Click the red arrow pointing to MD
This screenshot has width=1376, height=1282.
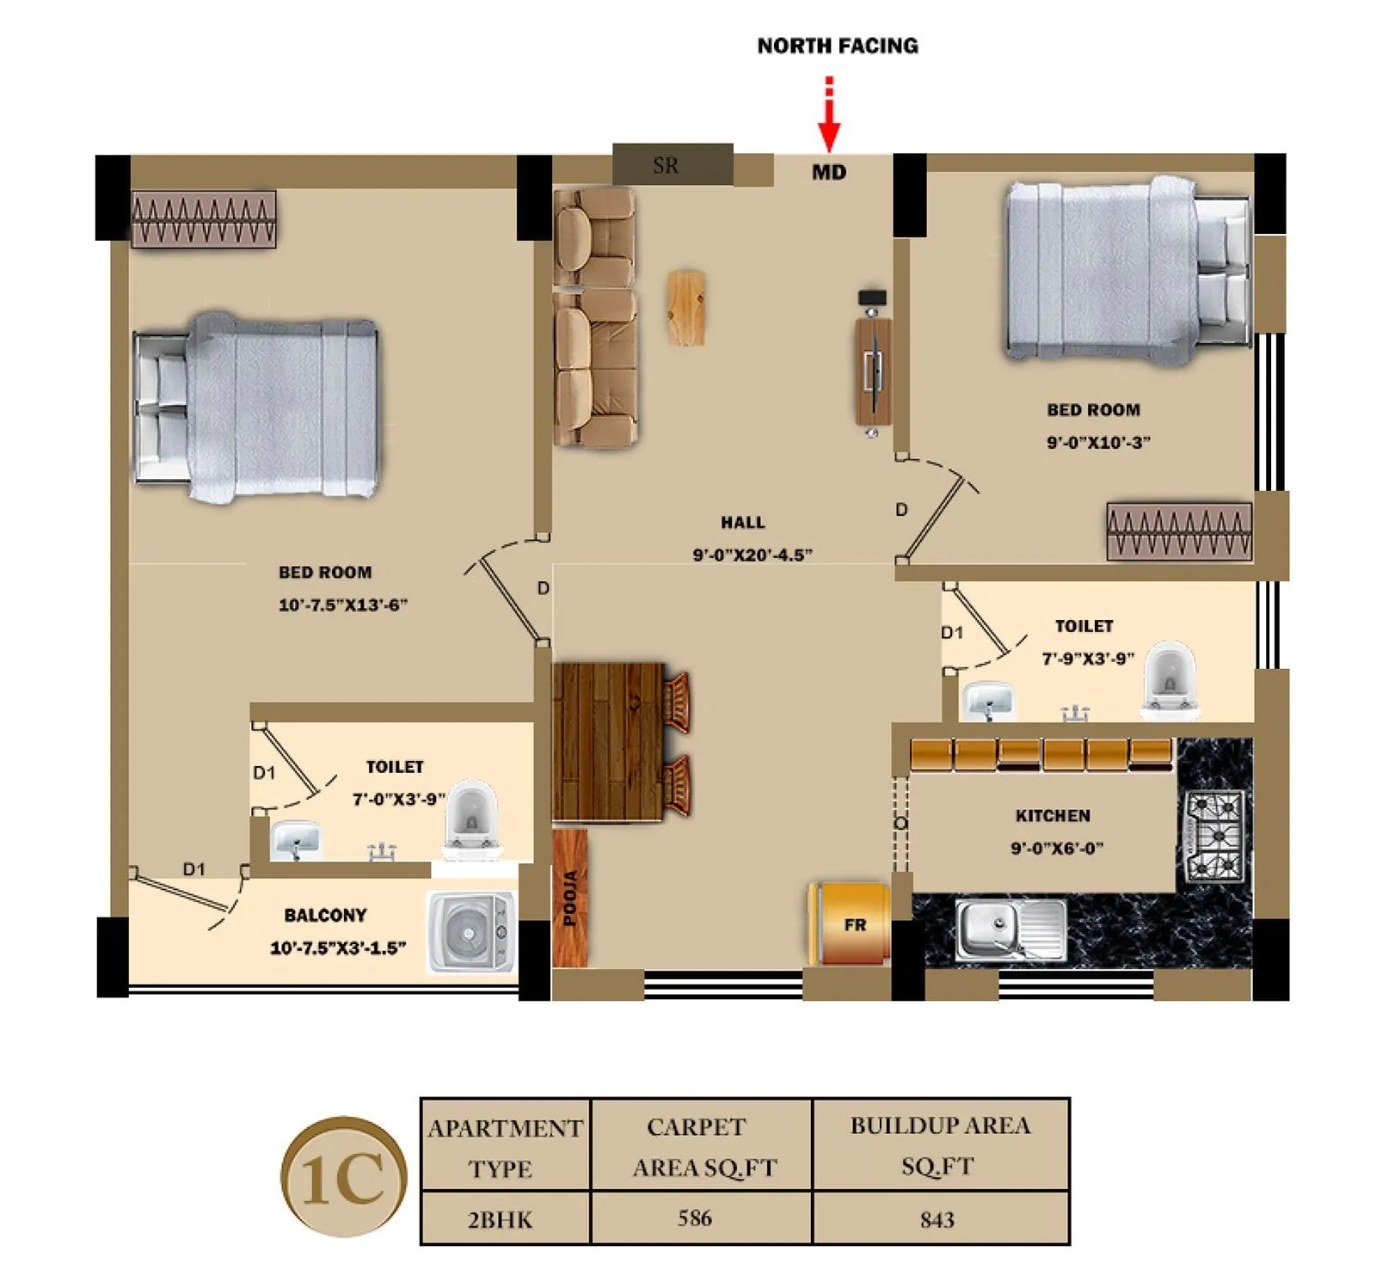point(828,116)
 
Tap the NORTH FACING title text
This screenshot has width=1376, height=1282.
point(837,46)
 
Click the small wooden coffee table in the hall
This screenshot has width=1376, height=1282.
point(686,308)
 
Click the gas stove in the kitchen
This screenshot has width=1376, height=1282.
point(1214,837)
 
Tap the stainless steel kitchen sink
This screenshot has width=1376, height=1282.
point(1010,930)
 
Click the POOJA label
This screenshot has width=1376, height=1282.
point(569,898)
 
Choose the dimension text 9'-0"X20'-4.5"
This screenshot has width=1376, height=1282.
point(752,555)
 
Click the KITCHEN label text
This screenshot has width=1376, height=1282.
point(1052,815)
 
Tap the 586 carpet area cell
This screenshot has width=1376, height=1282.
point(694,1218)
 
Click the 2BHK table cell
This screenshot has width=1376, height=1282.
point(500,1219)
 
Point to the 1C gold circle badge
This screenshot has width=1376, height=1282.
point(343,1178)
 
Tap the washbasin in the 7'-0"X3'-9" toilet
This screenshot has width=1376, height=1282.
point(296,839)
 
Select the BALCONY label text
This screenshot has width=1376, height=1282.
point(325,915)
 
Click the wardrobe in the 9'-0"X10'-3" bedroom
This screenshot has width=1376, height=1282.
point(1178,531)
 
